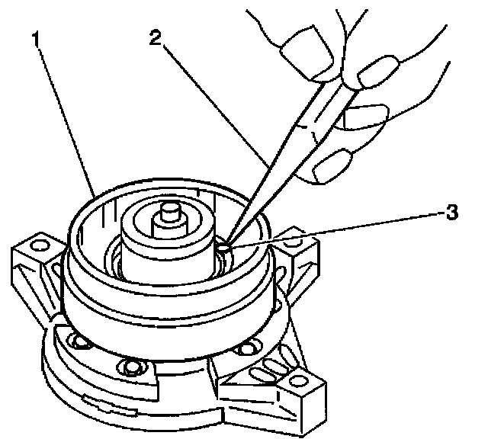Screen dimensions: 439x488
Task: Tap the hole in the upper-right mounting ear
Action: (x=309, y=242)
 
